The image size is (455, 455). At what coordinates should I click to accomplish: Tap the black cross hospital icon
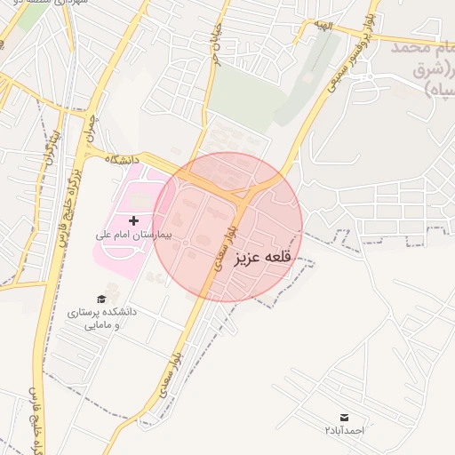coord(133,220)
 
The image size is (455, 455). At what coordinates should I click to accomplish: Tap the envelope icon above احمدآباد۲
coord(344,417)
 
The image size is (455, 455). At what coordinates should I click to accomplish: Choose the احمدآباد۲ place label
coord(344,430)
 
